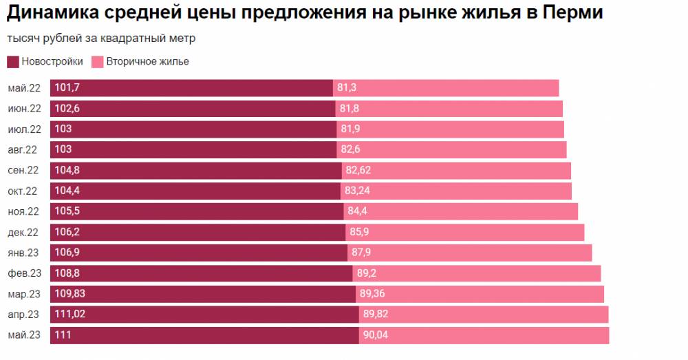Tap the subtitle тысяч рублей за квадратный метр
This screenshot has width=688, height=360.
click(101, 39)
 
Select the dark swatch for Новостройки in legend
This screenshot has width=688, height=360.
click(12, 62)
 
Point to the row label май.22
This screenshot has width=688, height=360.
click(24, 88)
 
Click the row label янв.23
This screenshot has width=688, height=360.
click(24, 253)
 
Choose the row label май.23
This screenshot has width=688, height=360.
click(24, 335)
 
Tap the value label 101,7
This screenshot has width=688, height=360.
click(67, 88)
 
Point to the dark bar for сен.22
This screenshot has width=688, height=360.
click(206, 170)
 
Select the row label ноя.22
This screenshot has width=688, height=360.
click(24, 211)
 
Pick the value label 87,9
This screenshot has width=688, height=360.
click(361, 253)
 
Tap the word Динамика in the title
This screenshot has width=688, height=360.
click(46, 13)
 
